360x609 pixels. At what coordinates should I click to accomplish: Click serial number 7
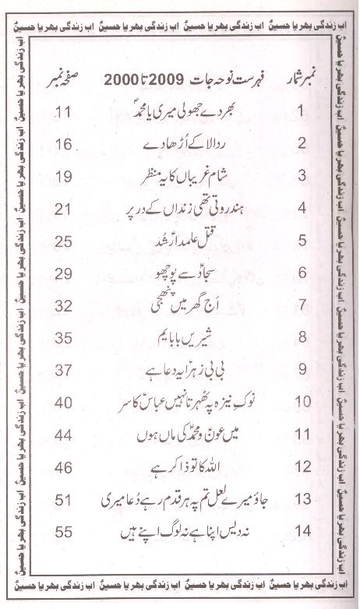pos(284,305)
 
